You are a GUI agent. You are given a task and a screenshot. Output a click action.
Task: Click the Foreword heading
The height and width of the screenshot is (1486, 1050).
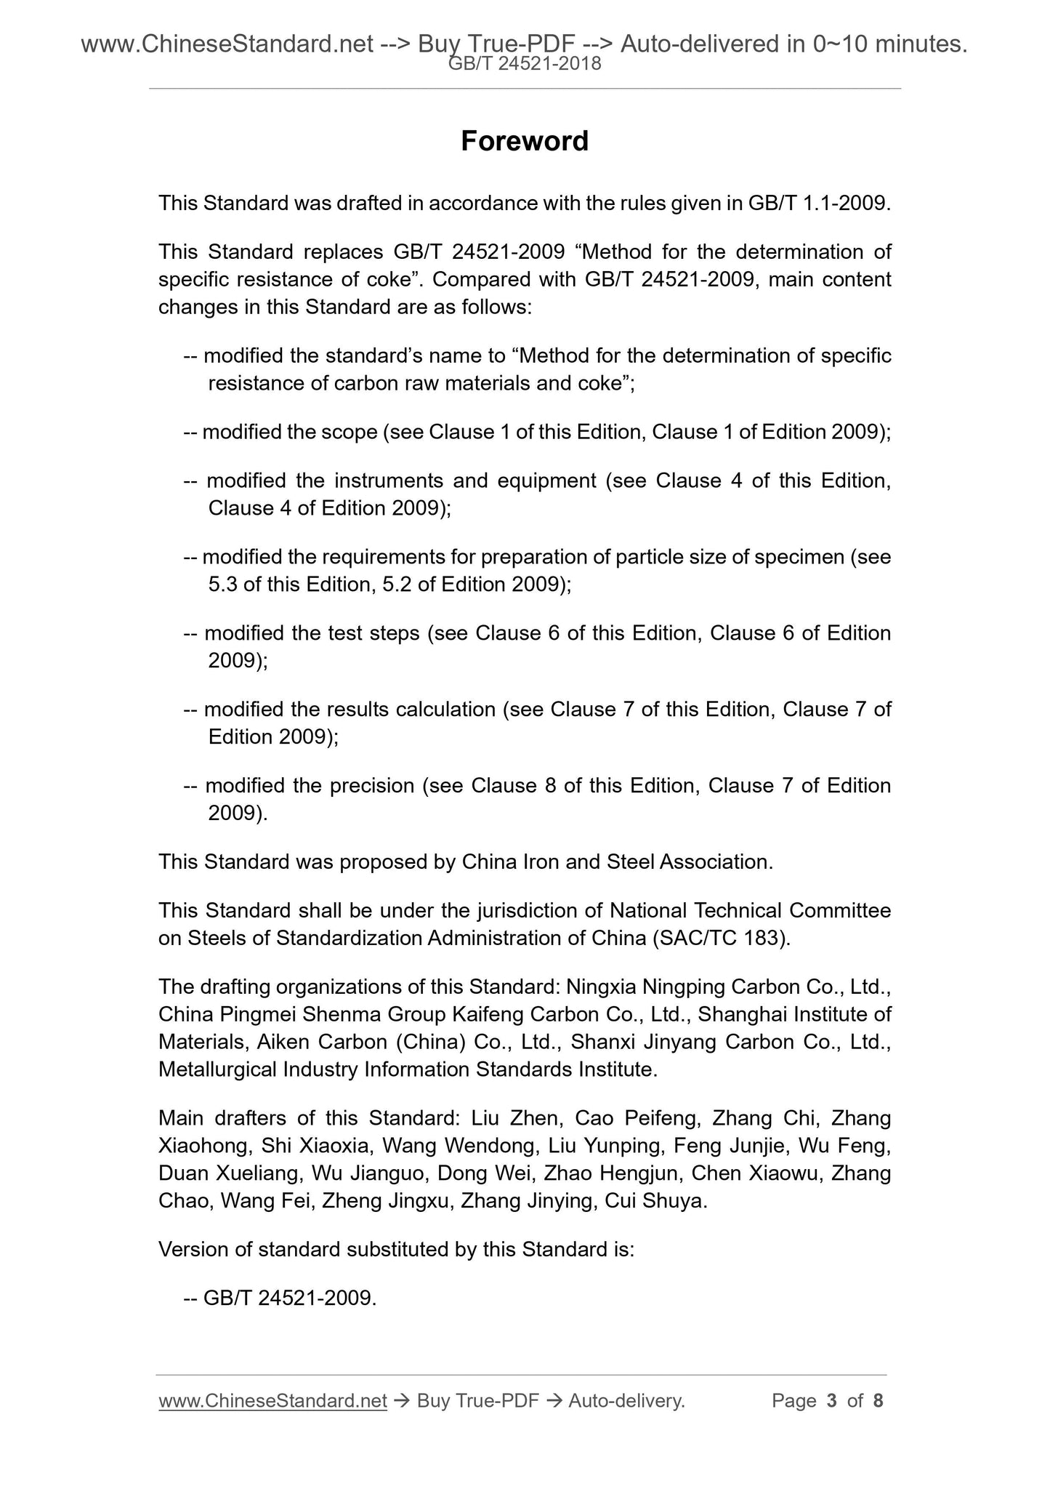click(524, 141)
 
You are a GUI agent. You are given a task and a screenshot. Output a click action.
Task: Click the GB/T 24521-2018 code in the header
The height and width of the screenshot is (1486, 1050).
click(524, 64)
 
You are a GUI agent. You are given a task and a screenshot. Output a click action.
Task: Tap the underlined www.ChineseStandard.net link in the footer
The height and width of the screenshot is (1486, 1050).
click(272, 1400)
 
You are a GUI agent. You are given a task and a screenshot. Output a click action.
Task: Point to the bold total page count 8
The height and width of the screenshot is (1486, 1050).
click(878, 1400)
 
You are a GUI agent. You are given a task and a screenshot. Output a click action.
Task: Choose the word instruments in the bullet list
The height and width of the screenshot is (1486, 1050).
click(385, 481)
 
